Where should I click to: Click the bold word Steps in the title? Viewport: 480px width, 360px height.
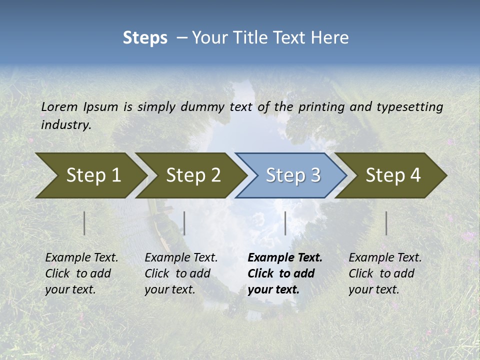[x=145, y=38]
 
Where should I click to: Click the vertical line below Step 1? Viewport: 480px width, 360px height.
[x=84, y=223]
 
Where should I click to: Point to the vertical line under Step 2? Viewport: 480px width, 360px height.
[x=184, y=223]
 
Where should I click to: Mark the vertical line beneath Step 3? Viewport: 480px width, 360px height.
[x=285, y=223]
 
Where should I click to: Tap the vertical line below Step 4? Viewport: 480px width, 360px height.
[x=386, y=223]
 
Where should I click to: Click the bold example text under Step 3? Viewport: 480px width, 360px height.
[x=285, y=273]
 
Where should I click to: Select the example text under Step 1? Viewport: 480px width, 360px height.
[x=81, y=273]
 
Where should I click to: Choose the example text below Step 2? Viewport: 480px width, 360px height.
[x=181, y=273]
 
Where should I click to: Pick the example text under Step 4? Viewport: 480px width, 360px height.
[x=385, y=273]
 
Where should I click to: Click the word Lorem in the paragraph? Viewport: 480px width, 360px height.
[x=59, y=106]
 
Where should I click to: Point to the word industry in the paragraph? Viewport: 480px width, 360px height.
[x=66, y=125]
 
